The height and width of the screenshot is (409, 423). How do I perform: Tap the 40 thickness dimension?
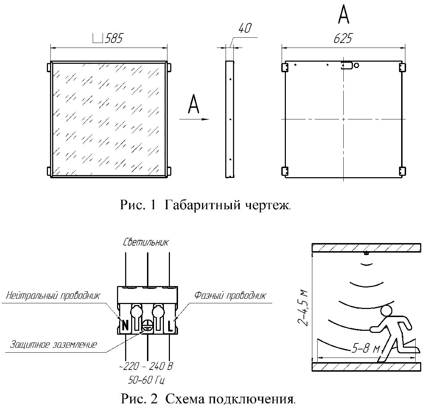tap(245, 28)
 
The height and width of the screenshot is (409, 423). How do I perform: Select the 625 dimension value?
tap(343, 38)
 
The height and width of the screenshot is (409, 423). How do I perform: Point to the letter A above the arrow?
tap(194, 104)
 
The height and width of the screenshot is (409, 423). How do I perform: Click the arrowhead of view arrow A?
tap(205, 119)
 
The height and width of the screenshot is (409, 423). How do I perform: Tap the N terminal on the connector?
tap(125, 326)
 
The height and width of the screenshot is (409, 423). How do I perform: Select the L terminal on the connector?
tap(170, 326)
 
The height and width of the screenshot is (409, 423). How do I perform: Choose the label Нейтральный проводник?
tap(53, 295)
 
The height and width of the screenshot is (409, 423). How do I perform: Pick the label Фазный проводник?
tap(230, 295)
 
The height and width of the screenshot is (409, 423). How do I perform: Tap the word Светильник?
tap(146, 242)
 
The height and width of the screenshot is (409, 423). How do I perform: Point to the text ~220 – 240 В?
tap(146, 366)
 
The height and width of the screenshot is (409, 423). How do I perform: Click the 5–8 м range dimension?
tap(366, 349)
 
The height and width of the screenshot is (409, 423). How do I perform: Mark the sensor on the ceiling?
tap(366, 253)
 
